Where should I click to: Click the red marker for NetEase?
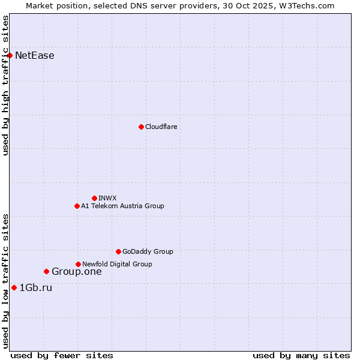(x=10, y=56)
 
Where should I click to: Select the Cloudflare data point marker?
(x=141, y=127)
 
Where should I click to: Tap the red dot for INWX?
(x=94, y=198)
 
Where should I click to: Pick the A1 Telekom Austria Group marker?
(x=77, y=206)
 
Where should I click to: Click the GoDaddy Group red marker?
(x=118, y=251)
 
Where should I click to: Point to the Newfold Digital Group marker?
(x=78, y=264)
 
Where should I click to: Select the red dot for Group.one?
(x=46, y=272)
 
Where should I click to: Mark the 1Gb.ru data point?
(x=14, y=288)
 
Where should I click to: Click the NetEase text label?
(x=35, y=56)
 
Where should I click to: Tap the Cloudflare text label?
(x=161, y=127)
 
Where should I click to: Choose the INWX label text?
(x=107, y=198)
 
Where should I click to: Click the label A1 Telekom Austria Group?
(x=122, y=206)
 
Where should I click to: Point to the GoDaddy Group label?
(x=148, y=251)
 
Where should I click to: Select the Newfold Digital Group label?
(x=117, y=264)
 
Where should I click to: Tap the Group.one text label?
(x=76, y=272)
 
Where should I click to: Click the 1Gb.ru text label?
(x=36, y=288)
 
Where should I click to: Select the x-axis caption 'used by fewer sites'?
(x=62, y=355)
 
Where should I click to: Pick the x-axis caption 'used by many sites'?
(x=301, y=355)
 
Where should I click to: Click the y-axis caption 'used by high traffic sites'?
(x=5, y=86)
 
